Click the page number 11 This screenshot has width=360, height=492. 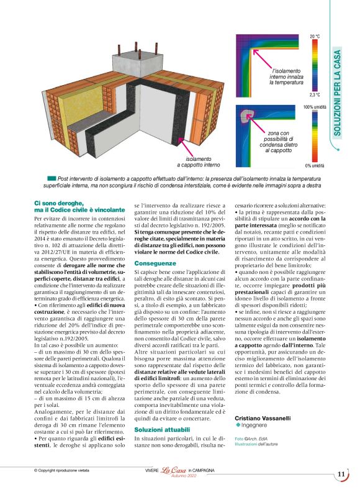[x=341, y=475]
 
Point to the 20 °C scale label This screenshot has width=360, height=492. [x=315, y=36]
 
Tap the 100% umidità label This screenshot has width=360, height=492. [x=315, y=107]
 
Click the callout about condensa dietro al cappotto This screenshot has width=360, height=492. [x=268, y=142]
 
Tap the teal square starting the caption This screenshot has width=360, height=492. [x=52, y=178]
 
